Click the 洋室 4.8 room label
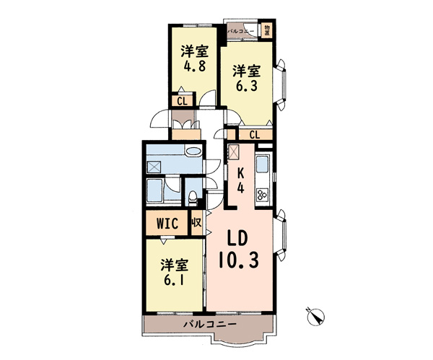tap(195, 59)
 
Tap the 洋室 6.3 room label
tap(246, 78)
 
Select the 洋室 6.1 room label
tap(175, 272)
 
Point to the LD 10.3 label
tap(239, 250)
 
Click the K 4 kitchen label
tap(241, 181)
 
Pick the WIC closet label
tap(167, 224)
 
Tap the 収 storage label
tap(196, 222)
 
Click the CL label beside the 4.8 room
tap(183, 101)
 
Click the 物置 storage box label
tap(267, 30)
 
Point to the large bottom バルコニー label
tap(211, 323)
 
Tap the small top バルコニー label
tap(241, 31)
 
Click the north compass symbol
tap(315, 317)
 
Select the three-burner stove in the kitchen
tap(263, 195)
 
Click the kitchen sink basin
tap(263, 164)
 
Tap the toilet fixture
tap(192, 198)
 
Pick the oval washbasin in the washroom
tap(193, 152)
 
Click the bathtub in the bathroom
tap(154, 190)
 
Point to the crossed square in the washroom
tap(154, 167)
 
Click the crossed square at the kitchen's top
tap(234, 152)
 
